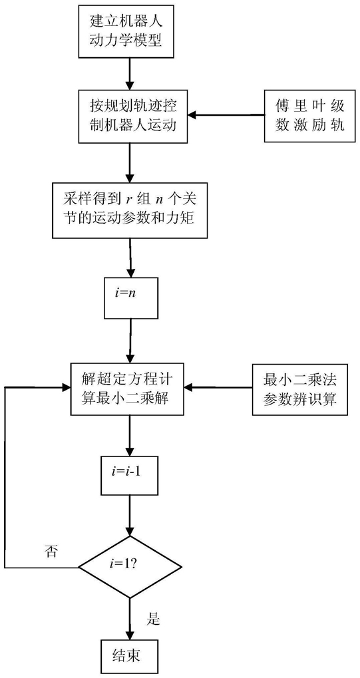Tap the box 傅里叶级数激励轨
[x=310, y=116]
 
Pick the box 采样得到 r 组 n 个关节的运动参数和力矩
[x=130, y=210]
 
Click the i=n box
[x=130, y=298]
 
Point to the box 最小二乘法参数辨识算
[x=300, y=389]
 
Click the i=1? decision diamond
[x=130, y=567]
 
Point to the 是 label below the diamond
[x=154, y=619]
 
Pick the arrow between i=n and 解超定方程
[x=130, y=340]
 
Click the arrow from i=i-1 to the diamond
[x=130, y=516]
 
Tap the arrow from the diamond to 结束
[x=130, y=619]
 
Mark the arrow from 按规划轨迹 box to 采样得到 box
[x=130, y=162]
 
